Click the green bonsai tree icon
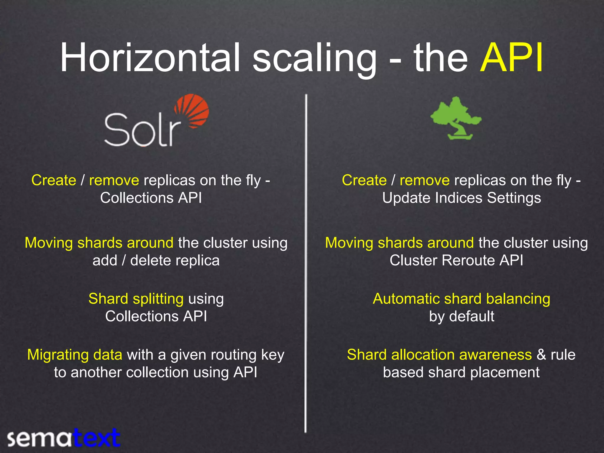pos(456,118)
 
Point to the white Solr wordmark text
pos(142,130)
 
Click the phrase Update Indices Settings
pos(462,198)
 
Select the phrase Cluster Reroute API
pos(456,260)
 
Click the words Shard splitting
pos(136,299)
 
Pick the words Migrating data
pos(75,355)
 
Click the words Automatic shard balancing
pos(461,299)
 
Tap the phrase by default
pos(462,316)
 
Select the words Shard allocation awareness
pos(439,355)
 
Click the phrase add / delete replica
pos(156,260)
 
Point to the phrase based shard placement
pos(461,372)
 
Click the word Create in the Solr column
pos(54,180)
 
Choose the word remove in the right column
pos(424,180)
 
